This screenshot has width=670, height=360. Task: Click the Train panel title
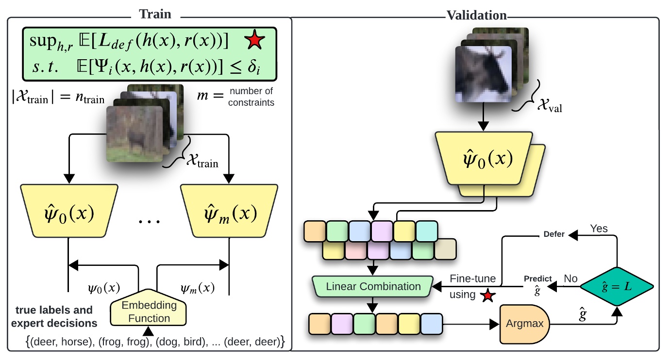155,14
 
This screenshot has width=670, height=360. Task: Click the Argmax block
525,323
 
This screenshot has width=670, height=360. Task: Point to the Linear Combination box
373,286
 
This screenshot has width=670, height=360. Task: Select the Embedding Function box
149,312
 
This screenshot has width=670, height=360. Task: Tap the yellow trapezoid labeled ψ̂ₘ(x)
229,213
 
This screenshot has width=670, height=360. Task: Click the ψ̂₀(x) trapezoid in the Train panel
68,213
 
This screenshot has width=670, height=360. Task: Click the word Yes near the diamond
599,228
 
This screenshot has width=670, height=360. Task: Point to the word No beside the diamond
570,279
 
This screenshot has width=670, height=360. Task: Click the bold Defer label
553,234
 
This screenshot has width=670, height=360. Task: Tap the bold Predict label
537,278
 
